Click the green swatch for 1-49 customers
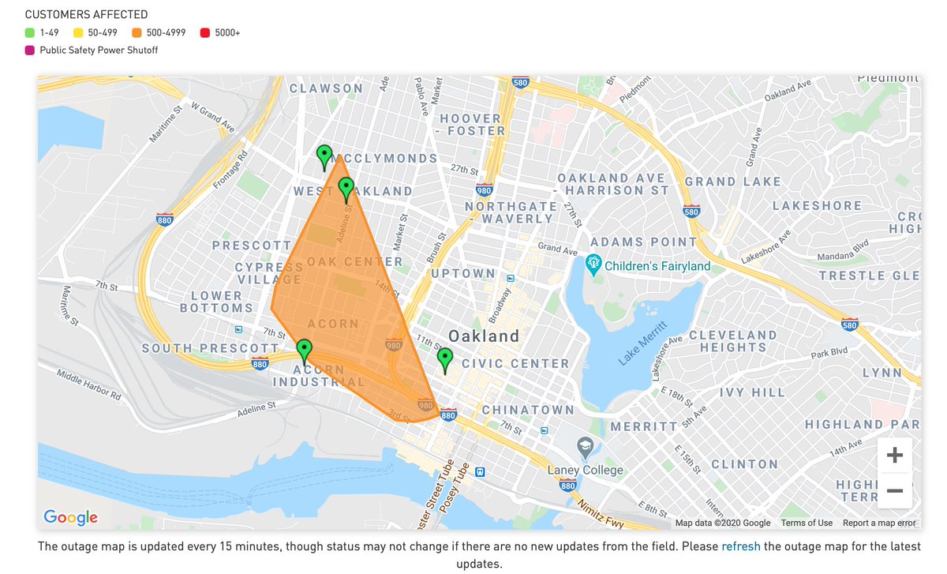tap(30, 32)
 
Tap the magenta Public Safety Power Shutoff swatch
tap(30, 50)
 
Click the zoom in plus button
tap(894, 456)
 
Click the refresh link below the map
tap(740, 546)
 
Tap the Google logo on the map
tap(71, 518)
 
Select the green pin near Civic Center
tap(445, 359)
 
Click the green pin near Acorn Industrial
tap(305, 351)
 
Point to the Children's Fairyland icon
tap(594, 266)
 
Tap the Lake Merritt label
tap(643, 343)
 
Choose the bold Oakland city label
tap(484, 336)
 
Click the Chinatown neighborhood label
tap(528, 410)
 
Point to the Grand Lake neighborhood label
tap(733, 182)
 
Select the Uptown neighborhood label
tap(463, 273)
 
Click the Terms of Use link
tap(807, 523)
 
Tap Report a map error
tap(879, 523)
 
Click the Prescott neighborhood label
tap(252, 246)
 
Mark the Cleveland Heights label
tap(733, 341)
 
